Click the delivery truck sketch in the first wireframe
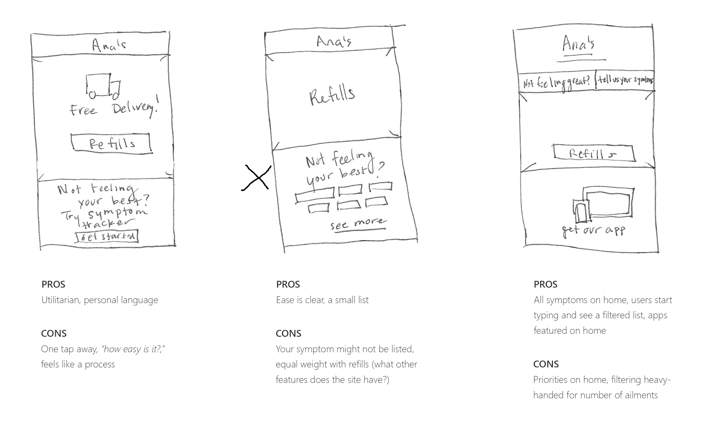tap(103, 85)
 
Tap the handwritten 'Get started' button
tap(107, 237)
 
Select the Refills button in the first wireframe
tap(111, 143)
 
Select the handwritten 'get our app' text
tap(594, 231)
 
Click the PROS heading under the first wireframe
tap(53, 284)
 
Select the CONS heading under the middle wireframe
tap(288, 333)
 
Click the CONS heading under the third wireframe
tap(546, 364)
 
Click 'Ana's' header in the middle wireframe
tap(334, 42)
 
